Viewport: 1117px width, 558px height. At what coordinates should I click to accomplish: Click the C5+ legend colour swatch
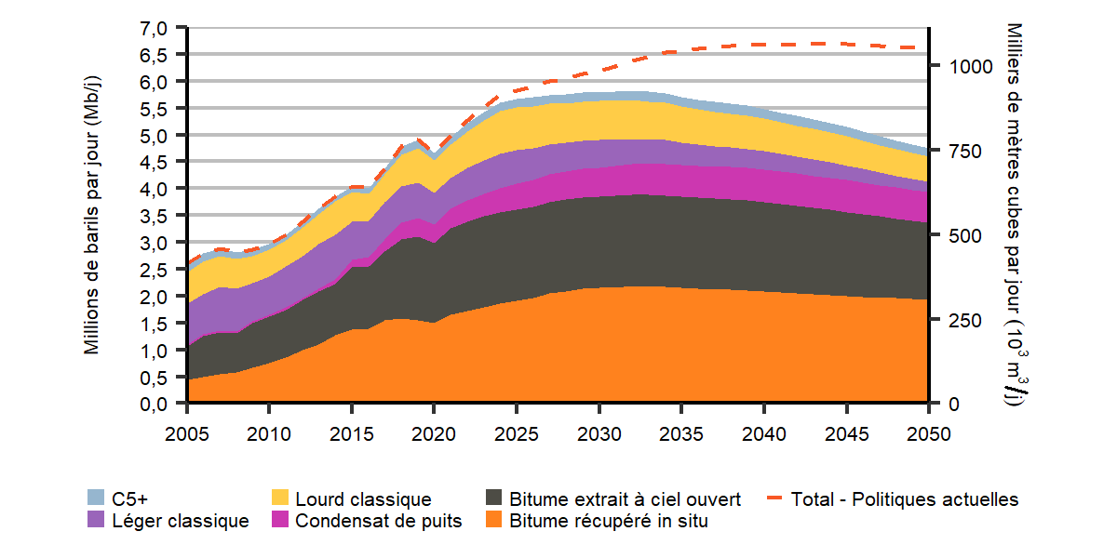[95, 499]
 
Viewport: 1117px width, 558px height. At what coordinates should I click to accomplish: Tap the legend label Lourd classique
[363, 499]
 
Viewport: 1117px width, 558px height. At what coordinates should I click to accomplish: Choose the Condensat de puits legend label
[379, 522]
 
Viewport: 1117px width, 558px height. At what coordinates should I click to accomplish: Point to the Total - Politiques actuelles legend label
[904, 499]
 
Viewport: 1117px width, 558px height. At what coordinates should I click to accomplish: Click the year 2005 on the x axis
[188, 433]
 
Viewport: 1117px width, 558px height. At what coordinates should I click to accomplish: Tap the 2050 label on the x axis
[929, 433]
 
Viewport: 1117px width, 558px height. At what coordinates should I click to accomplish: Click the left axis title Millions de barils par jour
[92, 216]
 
